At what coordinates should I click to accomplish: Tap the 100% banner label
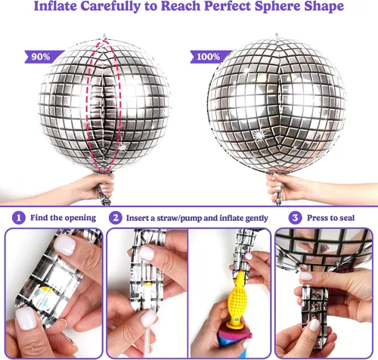tap(210, 57)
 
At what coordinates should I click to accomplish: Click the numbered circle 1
tap(19, 218)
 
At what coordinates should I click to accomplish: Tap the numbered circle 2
tap(116, 218)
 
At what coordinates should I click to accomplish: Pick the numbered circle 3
tap(295, 218)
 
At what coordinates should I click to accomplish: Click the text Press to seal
tap(330, 218)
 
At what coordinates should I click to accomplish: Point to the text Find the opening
tap(63, 218)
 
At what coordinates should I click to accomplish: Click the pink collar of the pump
tap(235, 333)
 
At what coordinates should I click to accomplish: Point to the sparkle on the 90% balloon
tap(123, 147)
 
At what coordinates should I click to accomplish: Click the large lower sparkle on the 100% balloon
tap(259, 135)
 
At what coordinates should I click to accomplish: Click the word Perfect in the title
tap(228, 6)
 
